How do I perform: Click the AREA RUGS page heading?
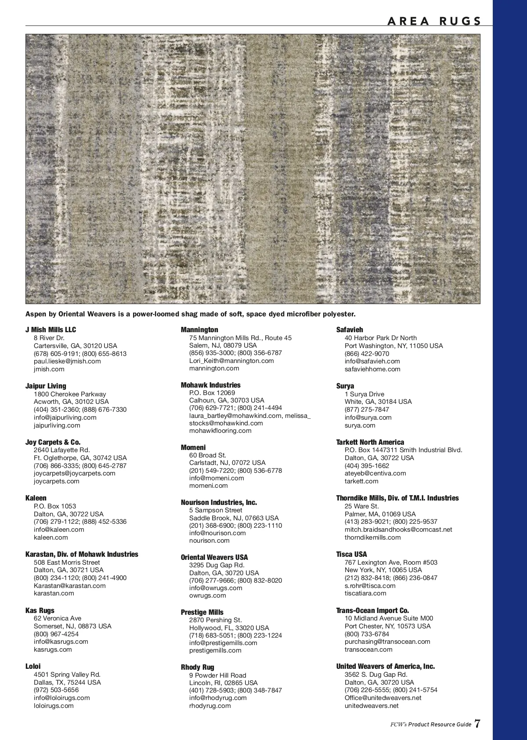click(x=434, y=21)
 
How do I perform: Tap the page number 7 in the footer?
click(x=477, y=724)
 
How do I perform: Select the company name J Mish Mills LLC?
click(x=51, y=330)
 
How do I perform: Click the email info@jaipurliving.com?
click(x=65, y=417)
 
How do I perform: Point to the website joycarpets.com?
click(x=57, y=481)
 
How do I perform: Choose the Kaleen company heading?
click(x=36, y=498)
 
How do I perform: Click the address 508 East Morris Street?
click(x=67, y=562)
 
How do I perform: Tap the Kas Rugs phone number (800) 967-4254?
click(x=56, y=634)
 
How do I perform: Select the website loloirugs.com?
click(x=54, y=706)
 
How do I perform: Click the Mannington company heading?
click(x=199, y=330)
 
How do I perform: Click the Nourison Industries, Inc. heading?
click(x=219, y=502)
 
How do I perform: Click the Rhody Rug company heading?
click(x=198, y=667)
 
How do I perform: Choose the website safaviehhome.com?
click(x=372, y=369)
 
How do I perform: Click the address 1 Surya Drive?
click(x=365, y=394)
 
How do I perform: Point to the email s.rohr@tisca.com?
click(x=370, y=586)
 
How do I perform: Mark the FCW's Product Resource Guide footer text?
click(x=431, y=725)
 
